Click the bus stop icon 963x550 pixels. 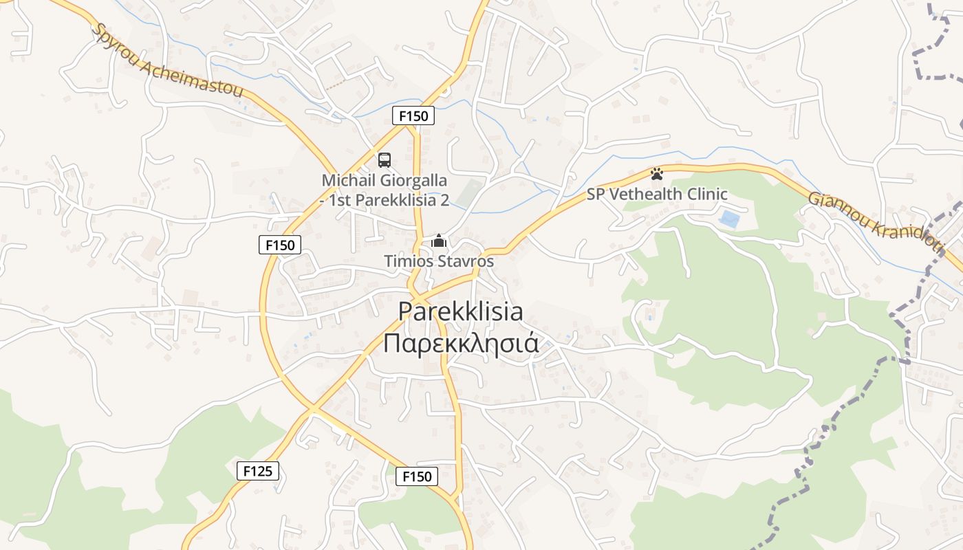pos(385,160)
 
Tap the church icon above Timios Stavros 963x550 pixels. pos(438,241)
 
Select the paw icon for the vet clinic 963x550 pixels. pos(657,173)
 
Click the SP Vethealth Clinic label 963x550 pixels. pos(657,195)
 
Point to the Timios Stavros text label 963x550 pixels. pos(439,261)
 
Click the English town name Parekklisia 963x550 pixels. pos(460,311)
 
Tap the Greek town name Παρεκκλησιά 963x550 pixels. pos(460,342)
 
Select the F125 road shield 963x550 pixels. pos(258,471)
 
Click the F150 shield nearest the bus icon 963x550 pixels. pos(413,115)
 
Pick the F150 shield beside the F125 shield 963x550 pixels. pos(417,476)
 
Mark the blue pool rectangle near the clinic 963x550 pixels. pos(729,220)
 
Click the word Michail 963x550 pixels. pos(346,181)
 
